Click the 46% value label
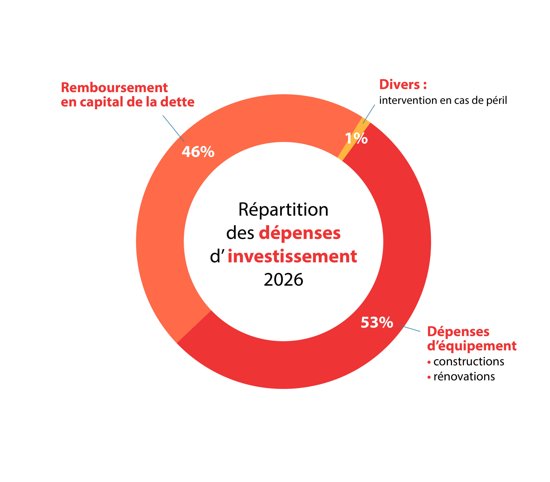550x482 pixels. (x=198, y=152)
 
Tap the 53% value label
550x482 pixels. (x=377, y=322)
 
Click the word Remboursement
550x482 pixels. (x=114, y=88)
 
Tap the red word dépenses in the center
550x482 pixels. (x=299, y=233)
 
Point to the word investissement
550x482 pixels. (x=292, y=256)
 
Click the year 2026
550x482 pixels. (x=283, y=280)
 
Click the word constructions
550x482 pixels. (x=469, y=362)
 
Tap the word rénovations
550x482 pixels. (x=464, y=377)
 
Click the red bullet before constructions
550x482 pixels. (x=429, y=362)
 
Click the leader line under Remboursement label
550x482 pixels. (x=174, y=129)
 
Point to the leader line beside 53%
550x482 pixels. (x=409, y=328)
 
